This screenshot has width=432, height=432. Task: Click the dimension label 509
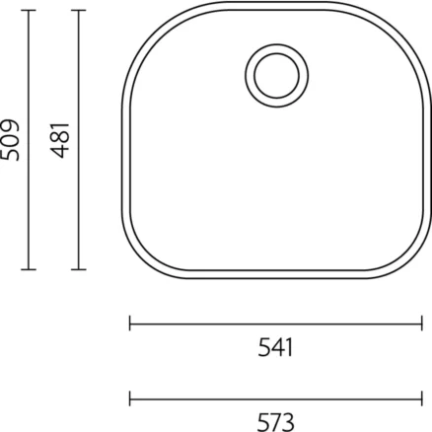click(10, 140)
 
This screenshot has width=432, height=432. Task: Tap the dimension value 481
click(60, 140)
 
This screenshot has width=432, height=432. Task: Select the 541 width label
click(275, 347)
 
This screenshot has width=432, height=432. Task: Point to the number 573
click(275, 422)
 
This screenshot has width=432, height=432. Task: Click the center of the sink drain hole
click(277, 76)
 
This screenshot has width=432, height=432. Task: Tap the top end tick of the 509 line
click(29, 11)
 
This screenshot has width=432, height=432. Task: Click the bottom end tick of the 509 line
click(29, 269)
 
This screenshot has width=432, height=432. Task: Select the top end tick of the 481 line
click(79, 11)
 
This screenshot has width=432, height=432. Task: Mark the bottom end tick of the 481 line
click(79, 269)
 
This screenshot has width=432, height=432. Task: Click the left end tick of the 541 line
click(130, 324)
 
